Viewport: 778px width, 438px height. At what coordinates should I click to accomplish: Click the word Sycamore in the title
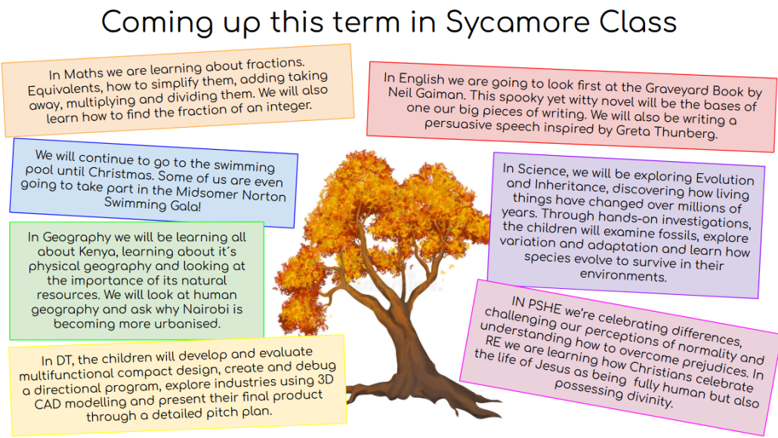pyautogui.click(x=517, y=23)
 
